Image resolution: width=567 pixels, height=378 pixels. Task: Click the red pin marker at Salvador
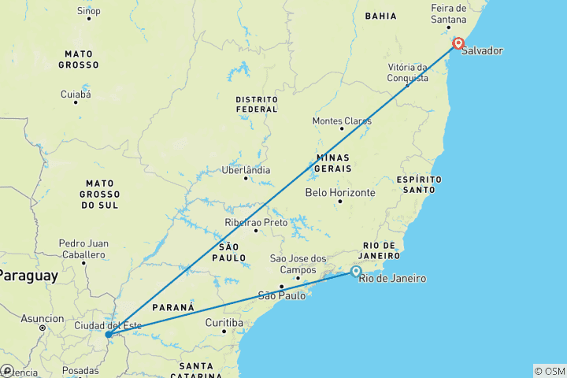click(458, 43)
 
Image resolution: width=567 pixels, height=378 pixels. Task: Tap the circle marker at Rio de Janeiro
click(356, 272)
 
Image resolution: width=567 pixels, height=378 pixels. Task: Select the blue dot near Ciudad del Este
click(108, 335)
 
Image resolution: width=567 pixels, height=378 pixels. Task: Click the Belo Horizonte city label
click(340, 192)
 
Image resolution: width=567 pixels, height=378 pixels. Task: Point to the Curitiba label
click(224, 323)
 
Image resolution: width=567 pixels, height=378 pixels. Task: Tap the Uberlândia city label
click(246, 169)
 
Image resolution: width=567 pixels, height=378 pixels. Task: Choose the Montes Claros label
click(342, 121)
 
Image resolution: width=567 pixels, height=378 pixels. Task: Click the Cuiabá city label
click(76, 94)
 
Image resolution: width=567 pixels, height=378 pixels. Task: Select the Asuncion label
click(43, 319)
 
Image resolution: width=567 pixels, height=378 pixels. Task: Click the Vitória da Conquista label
click(408, 72)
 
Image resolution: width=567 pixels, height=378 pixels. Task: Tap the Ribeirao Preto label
click(256, 223)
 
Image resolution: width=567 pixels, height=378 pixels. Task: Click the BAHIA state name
click(380, 16)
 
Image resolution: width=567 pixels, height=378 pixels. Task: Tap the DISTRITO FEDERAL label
click(257, 104)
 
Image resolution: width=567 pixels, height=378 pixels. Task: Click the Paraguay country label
click(28, 276)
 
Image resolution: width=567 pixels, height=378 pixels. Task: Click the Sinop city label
click(88, 10)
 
